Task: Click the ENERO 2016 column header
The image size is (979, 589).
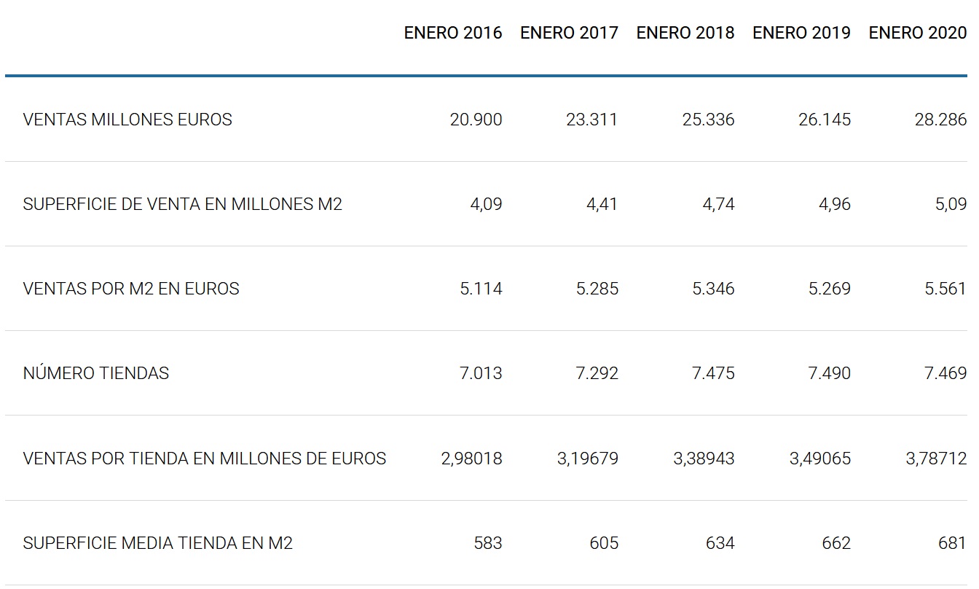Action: [x=453, y=33]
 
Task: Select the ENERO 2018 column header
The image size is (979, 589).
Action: [x=685, y=33]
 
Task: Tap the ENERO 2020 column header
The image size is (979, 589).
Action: [x=918, y=33]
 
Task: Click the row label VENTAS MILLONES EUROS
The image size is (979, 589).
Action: [x=127, y=120]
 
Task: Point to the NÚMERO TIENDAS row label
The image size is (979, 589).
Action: [x=96, y=373]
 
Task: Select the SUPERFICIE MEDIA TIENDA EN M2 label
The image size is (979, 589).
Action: [x=158, y=543]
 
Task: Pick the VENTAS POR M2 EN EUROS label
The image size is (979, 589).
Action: [x=131, y=289]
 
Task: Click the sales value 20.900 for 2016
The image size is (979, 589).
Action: [x=476, y=120]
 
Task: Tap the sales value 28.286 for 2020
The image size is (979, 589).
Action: [x=940, y=120]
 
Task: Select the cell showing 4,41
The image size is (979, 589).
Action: [x=602, y=204]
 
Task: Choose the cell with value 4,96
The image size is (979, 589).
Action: [x=834, y=204]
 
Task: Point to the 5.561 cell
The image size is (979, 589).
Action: [x=945, y=289]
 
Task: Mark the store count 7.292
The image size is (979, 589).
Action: [x=597, y=373]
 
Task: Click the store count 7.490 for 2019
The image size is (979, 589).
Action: [x=829, y=373]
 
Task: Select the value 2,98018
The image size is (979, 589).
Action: [x=471, y=459]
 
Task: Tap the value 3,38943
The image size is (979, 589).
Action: [x=704, y=459]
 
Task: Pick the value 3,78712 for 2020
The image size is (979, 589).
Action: [x=936, y=459]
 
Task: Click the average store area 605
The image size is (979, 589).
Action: [x=605, y=543]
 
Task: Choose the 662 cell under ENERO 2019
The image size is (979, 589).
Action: [x=837, y=543]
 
